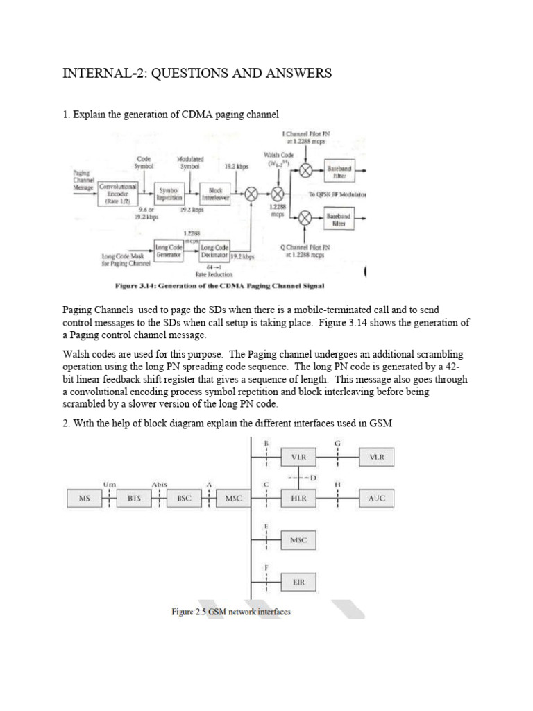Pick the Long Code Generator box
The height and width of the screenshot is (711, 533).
coord(169,249)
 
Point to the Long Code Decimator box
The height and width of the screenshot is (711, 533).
coord(214,250)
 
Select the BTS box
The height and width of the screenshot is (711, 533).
coord(134,498)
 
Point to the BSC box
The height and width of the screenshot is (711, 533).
coord(184,498)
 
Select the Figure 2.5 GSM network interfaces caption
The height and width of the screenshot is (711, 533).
coord(231,612)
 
